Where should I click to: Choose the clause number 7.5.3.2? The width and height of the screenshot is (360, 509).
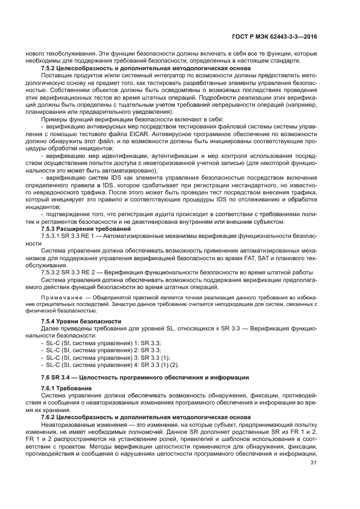point(51,272)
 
